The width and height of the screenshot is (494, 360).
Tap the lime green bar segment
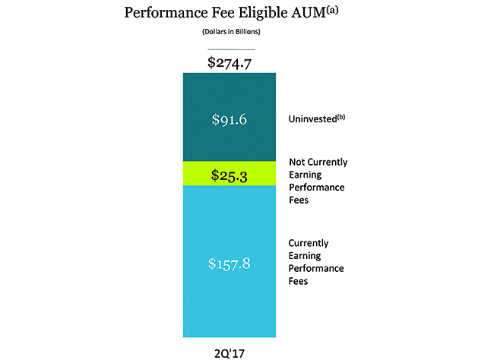coord(227,173)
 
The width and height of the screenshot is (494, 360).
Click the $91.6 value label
coord(227,118)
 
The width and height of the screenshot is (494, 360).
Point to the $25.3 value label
coord(227,177)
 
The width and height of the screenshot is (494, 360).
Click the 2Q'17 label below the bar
coord(228,351)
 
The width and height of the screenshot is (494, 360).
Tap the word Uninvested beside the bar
coord(312,119)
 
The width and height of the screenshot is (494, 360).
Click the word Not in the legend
coord(297,162)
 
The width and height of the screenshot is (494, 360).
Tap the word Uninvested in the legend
coord(312,119)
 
